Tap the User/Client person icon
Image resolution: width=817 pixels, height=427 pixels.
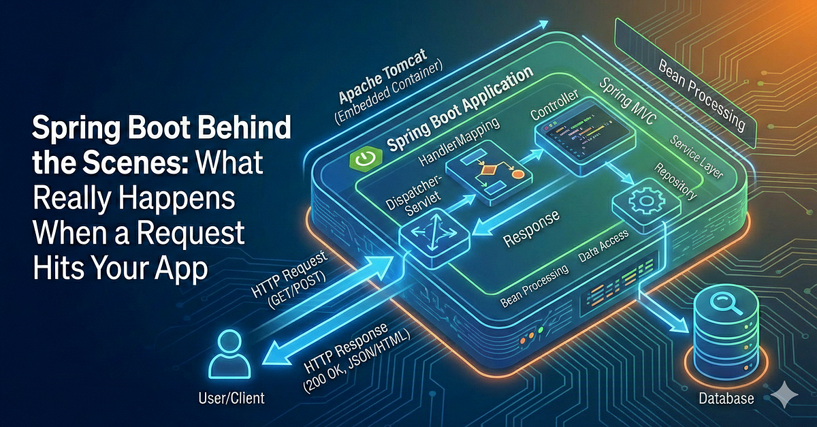(229, 354)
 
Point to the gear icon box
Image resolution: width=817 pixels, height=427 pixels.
(646, 204)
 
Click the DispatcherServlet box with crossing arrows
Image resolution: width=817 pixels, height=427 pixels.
(434, 238)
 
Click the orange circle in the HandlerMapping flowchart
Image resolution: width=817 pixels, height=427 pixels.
(518, 174)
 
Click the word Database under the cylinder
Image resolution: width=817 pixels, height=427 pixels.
(726, 398)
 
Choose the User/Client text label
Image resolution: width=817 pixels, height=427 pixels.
(231, 398)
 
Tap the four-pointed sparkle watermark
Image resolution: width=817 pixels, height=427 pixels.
(784, 395)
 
